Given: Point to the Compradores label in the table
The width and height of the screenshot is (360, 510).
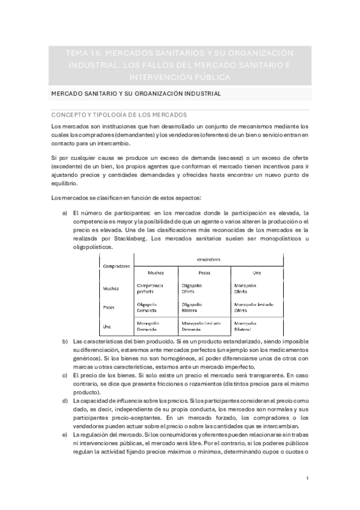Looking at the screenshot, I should point(117,266).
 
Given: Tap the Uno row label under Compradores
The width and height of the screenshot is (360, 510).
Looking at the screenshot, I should point(109,326).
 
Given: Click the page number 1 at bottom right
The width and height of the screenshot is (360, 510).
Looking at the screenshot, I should point(307,478).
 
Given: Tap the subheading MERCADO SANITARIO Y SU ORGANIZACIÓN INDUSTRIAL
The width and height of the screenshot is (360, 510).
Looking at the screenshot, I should point(136,94).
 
